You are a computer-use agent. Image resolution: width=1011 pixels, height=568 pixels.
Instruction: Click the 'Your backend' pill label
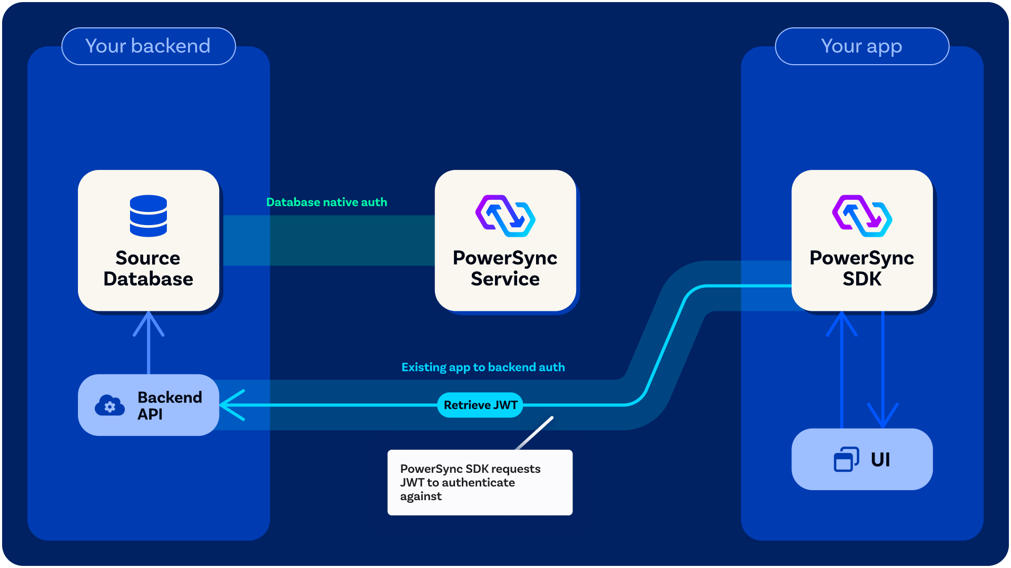pos(148,46)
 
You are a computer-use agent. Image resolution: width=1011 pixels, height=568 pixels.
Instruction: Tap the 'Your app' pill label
pos(862,46)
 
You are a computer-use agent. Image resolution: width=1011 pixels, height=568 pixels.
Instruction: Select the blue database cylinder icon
pos(148,216)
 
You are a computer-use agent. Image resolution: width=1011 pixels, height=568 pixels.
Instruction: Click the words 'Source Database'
pos(148,268)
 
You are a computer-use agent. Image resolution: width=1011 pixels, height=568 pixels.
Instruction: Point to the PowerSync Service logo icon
pos(506,216)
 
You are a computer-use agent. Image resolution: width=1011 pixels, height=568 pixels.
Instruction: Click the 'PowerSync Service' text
pos(506,268)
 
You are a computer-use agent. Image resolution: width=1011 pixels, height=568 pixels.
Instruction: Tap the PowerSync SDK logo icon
pos(862,216)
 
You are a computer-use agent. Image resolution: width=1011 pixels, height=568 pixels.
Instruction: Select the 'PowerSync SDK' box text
pos(862,268)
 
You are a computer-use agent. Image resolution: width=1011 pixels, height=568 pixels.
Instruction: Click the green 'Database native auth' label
pos(326,202)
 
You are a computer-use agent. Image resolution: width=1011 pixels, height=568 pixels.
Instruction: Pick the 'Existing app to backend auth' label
pos(483,367)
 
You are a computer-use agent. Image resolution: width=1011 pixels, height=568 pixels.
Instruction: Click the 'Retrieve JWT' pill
pos(480,405)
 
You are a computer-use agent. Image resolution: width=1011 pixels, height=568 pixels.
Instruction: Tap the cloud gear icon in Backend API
pos(110,405)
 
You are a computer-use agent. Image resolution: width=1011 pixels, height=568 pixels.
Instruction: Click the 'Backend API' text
pos(170,405)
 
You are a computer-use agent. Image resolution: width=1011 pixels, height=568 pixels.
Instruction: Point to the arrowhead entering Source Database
pos(148,322)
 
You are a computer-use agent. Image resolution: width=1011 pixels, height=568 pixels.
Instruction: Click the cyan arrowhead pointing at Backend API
pos(232,405)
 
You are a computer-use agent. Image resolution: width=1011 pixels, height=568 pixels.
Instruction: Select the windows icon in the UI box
pos(846,459)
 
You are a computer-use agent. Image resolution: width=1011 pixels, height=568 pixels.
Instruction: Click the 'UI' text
pos(880,460)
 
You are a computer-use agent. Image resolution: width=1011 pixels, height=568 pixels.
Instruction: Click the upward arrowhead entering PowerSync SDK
pos(841,323)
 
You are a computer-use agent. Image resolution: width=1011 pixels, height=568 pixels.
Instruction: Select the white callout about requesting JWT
pos(480,482)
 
